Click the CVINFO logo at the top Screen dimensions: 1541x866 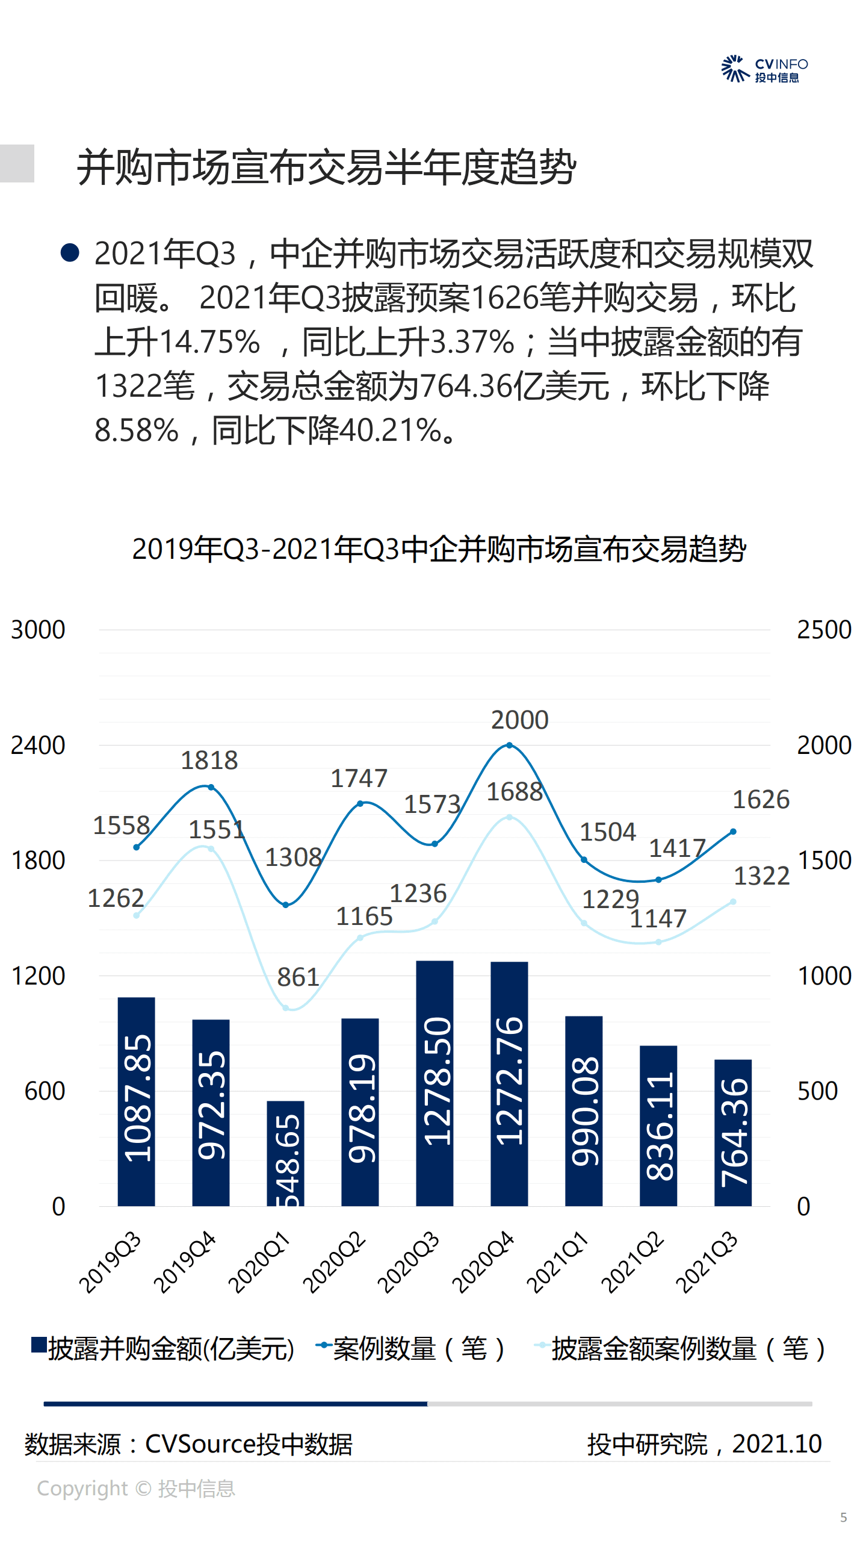coord(764,69)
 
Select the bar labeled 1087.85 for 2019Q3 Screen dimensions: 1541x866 coord(136,1101)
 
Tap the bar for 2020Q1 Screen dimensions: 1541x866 coord(285,1153)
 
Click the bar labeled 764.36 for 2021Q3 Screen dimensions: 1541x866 coord(732,1132)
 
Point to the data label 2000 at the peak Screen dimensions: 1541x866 coord(519,720)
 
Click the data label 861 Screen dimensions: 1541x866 coord(297,977)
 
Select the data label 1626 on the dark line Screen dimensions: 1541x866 coord(761,800)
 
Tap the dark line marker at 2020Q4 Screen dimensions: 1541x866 coord(509,746)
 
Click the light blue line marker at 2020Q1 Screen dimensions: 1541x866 coord(286,1007)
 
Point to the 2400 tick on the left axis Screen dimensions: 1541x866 coord(38,746)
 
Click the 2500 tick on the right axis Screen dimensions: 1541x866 coord(824,630)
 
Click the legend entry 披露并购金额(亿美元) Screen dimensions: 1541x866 coord(164,1349)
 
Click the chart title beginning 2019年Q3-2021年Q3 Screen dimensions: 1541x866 coord(439,549)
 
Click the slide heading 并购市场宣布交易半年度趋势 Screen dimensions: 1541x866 coord(327,167)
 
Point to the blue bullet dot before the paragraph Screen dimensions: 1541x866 coord(70,252)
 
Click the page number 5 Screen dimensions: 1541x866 coord(843,1518)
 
